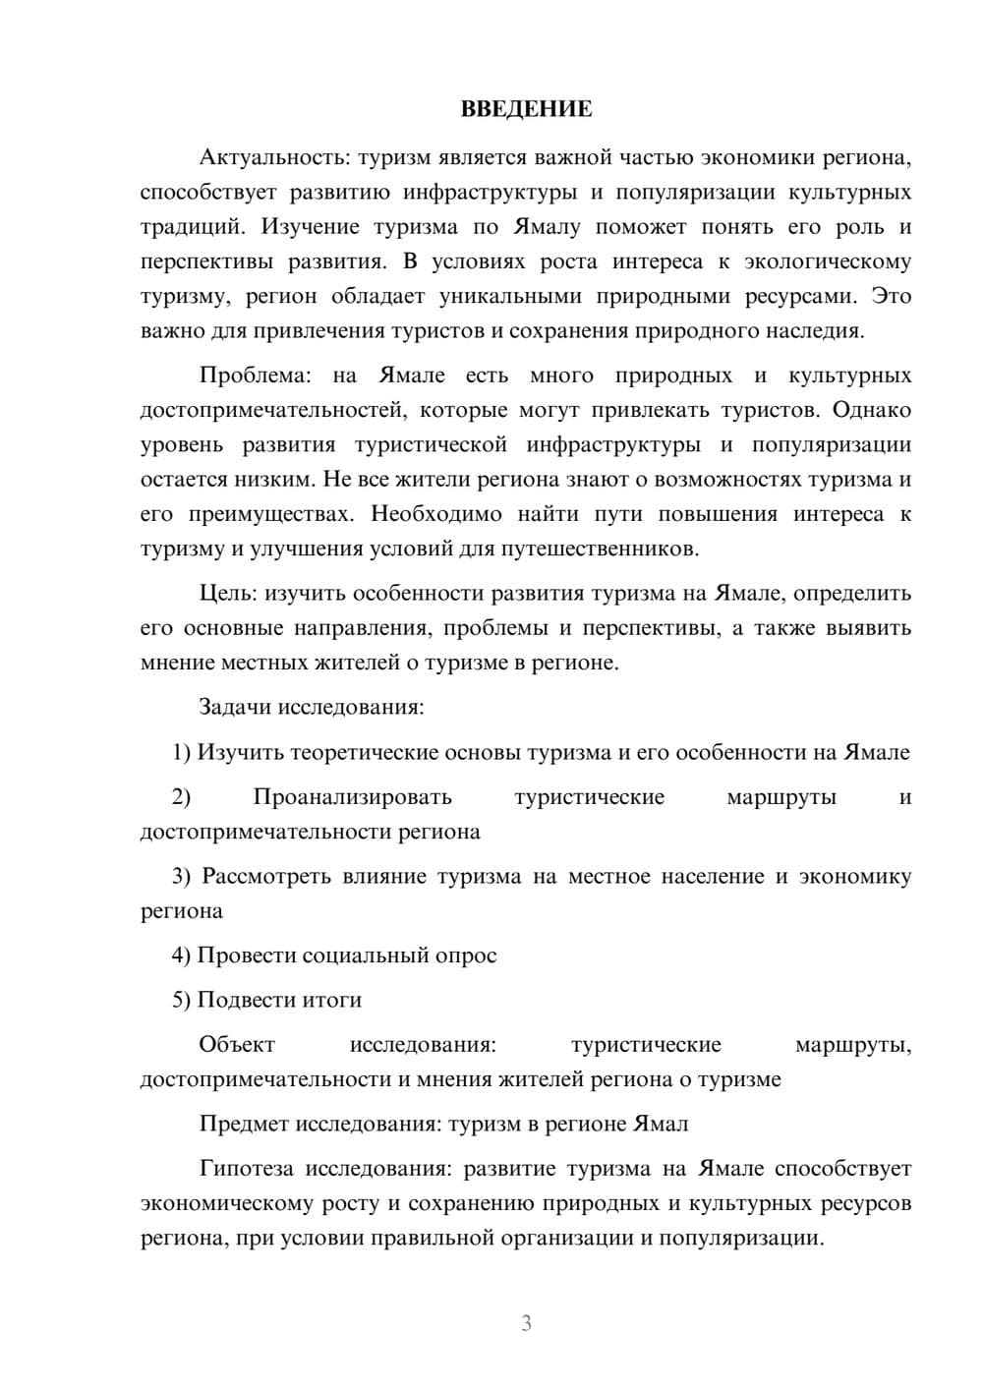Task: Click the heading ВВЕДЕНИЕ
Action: click(526, 109)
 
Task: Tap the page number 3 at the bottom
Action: click(526, 1323)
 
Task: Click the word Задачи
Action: click(236, 707)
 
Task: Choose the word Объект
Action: click(237, 1044)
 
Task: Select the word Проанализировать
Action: click(352, 797)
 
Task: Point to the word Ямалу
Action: click(547, 227)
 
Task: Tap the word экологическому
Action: click(828, 262)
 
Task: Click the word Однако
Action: click(872, 410)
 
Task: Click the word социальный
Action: click(364, 956)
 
